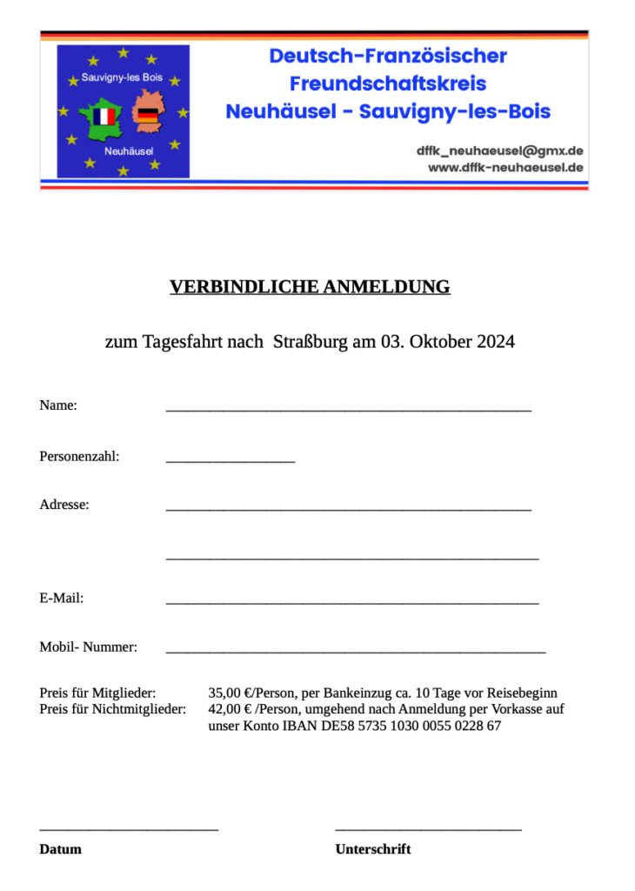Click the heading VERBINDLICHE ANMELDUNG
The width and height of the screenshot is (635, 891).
pos(310,287)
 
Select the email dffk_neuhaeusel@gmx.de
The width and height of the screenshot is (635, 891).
pos(499,151)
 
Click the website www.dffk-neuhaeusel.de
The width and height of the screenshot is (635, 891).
pos(505,167)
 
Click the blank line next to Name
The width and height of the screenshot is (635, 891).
pos(348,407)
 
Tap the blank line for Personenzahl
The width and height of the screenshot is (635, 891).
pos(230,458)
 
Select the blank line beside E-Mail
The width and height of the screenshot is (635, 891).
pos(351,600)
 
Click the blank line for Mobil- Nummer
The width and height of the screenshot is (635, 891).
pos(355,649)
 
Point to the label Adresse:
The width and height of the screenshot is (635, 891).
pos(64,504)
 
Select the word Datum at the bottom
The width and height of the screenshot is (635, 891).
pos(60,849)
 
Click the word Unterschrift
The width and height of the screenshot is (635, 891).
pos(373,849)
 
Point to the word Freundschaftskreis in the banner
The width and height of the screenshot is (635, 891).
pos(388,84)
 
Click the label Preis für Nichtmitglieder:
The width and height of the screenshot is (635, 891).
pos(113,709)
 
